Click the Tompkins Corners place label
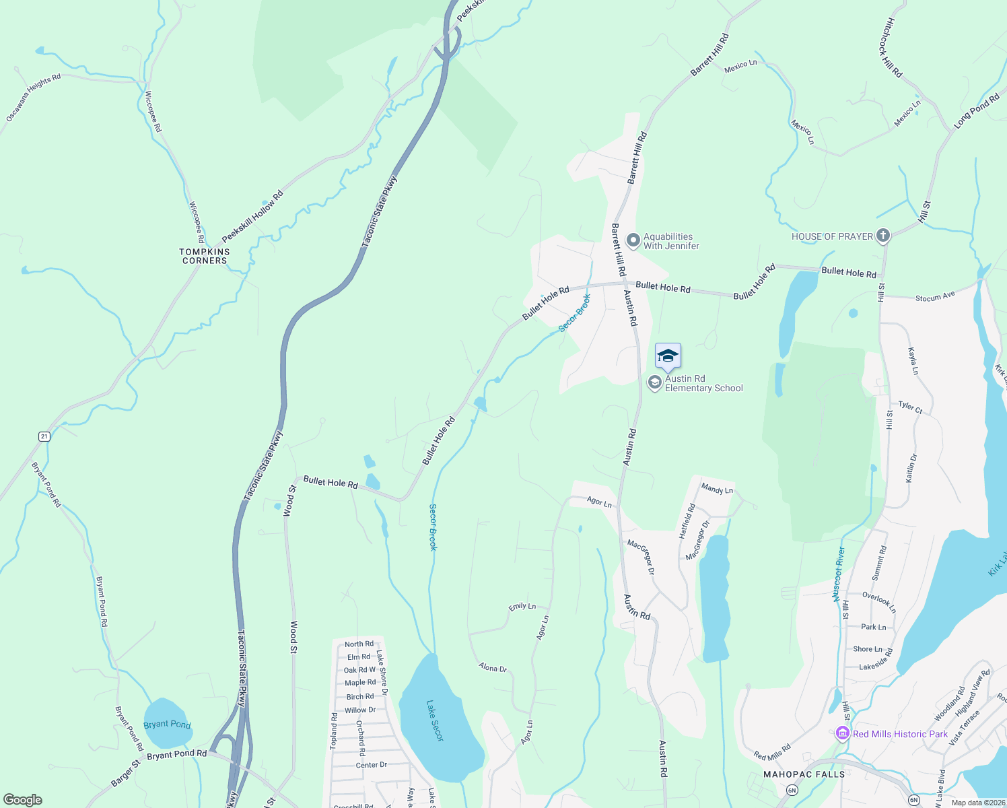click(x=205, y=256)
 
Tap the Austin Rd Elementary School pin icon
click(x=654, y=383)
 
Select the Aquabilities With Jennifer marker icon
click(x=633, y=240)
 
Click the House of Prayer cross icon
click(x=883, y=236)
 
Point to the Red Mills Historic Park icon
click(x=841, y=733)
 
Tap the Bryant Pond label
click(x=167, y=724)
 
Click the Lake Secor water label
click(x=435, y=720)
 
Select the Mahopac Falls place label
click(x=804, y=774)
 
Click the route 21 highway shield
click(x=44, y=436)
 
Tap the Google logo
click(x=23, y=799)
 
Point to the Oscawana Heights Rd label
click(x=33, y=97)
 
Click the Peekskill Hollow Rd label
click(x=252, y=216)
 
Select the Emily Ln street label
click(x=522, y=607)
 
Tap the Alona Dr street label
click(x=493, y=668)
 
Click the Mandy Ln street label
click(x=717, y=489)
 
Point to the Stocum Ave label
click(x=935, y=296)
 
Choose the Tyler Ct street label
click(x=910, y=407)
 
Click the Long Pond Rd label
click(x=977, y=112)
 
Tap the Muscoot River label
click(x=839, y=574)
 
